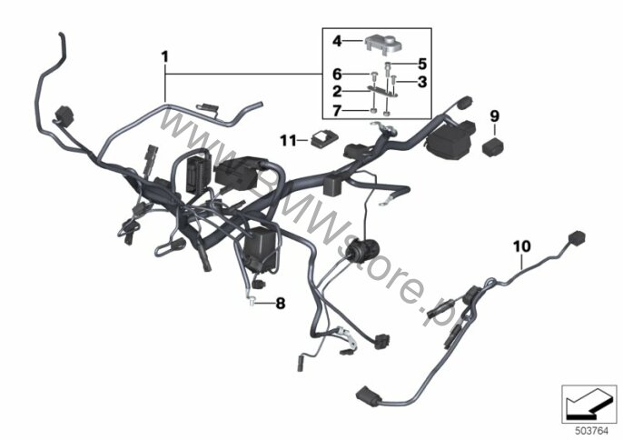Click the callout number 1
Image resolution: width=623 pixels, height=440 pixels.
[165, 57]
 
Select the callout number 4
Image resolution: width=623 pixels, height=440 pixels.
[337, 41]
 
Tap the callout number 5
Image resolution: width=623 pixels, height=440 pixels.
[422, 64]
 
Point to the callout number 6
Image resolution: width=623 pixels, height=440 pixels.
[337, 74]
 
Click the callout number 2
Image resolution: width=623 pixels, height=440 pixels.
[337, 92]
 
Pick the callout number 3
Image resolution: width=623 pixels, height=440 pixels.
[422, 82]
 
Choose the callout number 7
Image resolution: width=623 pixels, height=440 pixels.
[337, 111]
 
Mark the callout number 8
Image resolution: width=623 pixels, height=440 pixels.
[281, 304]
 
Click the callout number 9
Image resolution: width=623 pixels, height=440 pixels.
[494, 116]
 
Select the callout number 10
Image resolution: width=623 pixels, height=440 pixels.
[521, 246]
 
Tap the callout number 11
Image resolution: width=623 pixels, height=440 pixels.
[288, 140]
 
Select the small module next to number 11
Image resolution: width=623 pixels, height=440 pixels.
[324, 140]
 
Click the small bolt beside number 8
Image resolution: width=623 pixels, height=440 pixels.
[252, 303]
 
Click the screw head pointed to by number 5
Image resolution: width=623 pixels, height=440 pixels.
[388, 65]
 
